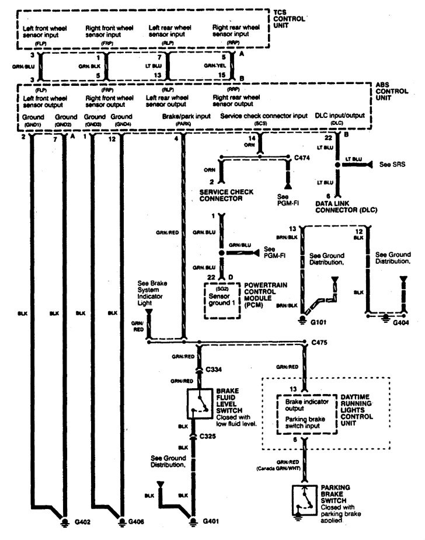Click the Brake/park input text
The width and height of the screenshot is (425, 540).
tap(187, 117)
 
